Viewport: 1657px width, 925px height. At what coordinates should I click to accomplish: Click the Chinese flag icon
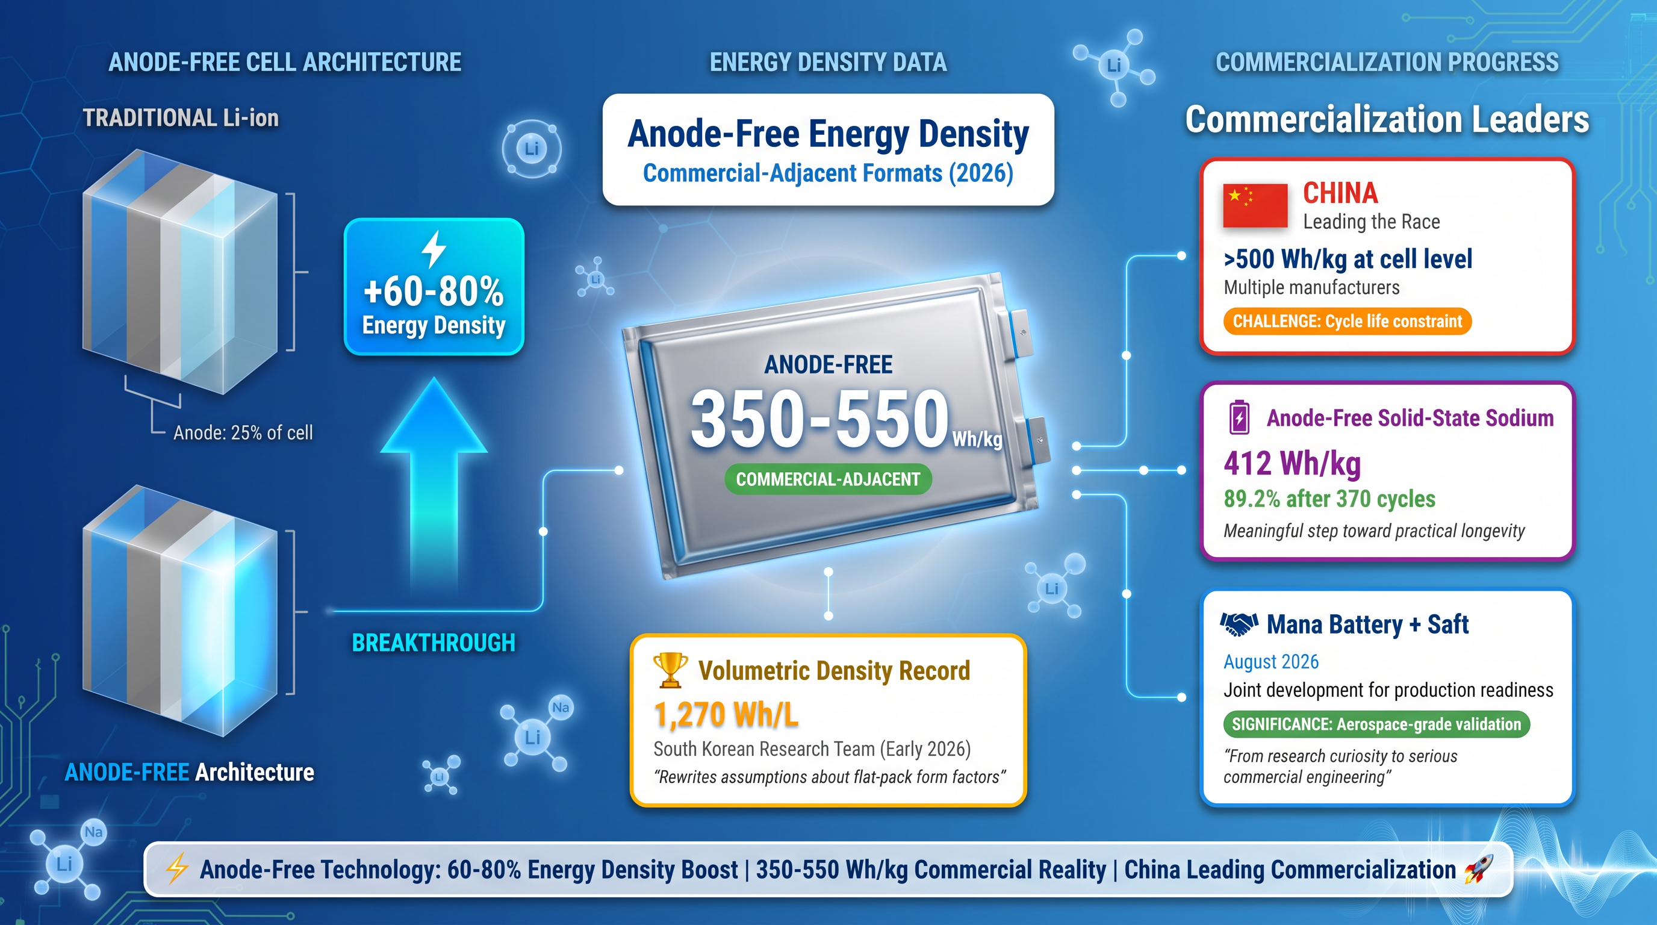point(1255,206)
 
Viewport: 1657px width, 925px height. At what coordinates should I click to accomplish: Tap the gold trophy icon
point(670,670)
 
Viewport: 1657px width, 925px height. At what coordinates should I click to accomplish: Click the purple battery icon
point(1240,417)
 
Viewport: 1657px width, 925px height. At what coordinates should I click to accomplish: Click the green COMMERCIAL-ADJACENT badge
point(828,479)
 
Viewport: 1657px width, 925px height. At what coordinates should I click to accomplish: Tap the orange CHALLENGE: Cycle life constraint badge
point(1347,321)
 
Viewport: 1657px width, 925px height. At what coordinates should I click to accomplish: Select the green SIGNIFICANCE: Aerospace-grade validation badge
point(1376,724)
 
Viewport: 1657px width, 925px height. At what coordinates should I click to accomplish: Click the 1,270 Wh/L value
point(726,715)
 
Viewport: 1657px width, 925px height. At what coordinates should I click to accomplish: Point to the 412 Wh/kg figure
point(1292,463)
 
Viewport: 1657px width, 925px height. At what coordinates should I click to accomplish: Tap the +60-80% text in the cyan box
point(434,291)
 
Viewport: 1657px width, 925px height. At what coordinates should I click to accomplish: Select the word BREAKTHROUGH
point(434,643)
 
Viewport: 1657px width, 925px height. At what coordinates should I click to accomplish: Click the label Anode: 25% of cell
point(243,432)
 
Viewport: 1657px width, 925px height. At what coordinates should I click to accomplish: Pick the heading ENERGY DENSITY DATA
point(828,63)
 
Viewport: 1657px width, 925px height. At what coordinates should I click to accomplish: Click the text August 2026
point(1271,661)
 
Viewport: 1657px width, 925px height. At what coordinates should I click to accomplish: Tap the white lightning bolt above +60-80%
point(434,249)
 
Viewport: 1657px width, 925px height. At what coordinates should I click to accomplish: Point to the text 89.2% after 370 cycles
point(1329,499)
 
